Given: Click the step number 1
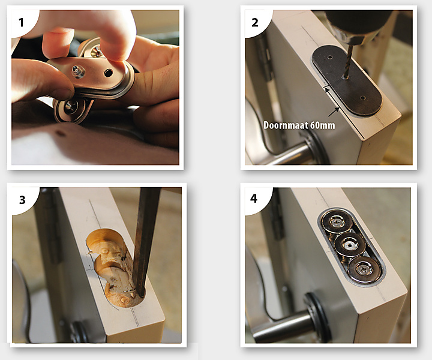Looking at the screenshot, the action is [21, 22].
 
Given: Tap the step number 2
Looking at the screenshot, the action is [255, 22].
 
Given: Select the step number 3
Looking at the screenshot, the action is [22, 200].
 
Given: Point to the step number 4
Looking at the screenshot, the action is [254, 199].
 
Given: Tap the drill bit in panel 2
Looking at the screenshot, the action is [348, 61].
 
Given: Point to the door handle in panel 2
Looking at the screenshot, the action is [289, 151].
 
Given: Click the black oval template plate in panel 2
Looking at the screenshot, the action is [347, 80].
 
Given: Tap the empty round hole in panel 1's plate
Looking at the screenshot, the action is [108, 73].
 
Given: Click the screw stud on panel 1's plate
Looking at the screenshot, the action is [77, 71].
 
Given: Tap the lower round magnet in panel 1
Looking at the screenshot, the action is [71, 110].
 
